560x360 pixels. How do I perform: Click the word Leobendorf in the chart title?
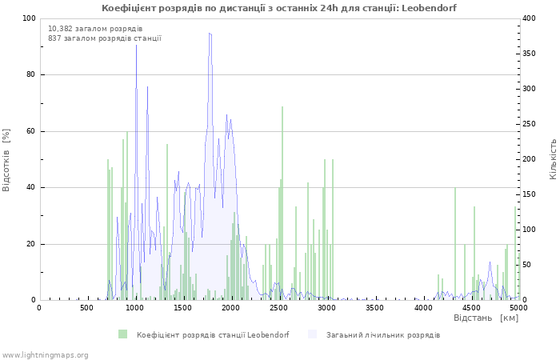pyautogui.click(x=429, y=8)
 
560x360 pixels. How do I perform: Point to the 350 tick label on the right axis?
pyautogui.click(x=529, y=54)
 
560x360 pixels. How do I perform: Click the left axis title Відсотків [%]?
pyautogui.click(x=6, y=160)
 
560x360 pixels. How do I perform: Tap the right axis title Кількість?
pyautogui.click(x=553, y=159)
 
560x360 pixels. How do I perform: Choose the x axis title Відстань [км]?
pyautogui.click(x=486, y=318)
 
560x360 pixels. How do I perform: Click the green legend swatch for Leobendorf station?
pyautogui.click(x=123, y=334)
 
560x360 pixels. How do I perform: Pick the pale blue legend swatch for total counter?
pyautogui.click(x=312, y=334)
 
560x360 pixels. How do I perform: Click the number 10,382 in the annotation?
pyautogui.click(x=60, y=29)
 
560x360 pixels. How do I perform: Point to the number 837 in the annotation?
pyautogui.click(x=54, y=38)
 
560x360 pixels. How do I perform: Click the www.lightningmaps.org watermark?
pyautogui.click(x=44, y=355)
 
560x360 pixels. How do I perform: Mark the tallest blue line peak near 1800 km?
pyautogui.click(x=210, y=34)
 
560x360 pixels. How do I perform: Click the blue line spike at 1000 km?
pyautogui.click(x=136, y=45)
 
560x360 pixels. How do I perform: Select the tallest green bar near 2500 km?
pyautogui.click(x=282, y=203)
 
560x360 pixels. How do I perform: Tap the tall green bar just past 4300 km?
pyautogui.click(x=455, y=243)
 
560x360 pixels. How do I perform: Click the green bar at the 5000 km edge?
pyautogui.click(x=515, y=254)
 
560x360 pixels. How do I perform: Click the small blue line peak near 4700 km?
pyautogui.click(x=490, y=262)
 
